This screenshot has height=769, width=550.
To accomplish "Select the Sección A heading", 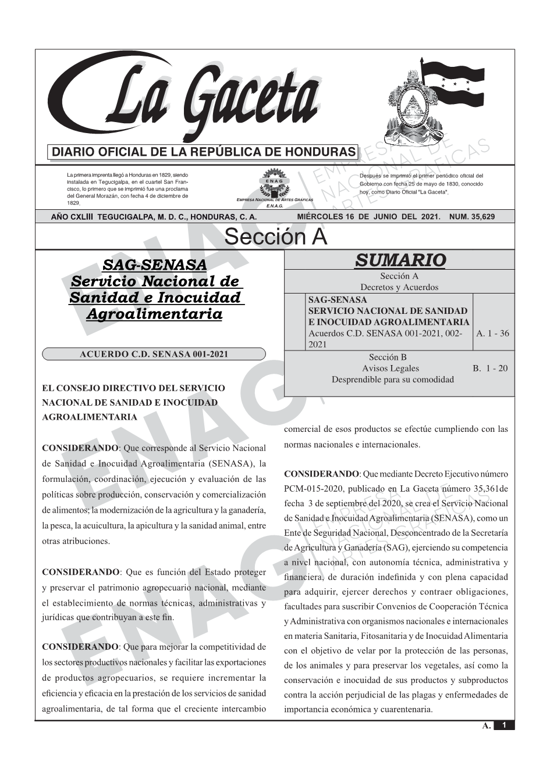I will [x=275, y=237].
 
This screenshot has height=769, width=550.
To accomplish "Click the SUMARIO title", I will [x=400, y=260].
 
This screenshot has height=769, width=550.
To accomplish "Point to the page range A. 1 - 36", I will [x=492, y=333].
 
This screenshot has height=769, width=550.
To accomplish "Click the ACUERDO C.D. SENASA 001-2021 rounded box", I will [x=154, y=354].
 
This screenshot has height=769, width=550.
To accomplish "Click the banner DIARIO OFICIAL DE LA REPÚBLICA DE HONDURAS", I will [x=204, y=152].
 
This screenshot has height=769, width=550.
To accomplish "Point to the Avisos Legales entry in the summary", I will [x=390, y=368].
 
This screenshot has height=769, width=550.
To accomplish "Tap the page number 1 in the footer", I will [x=504, y=725].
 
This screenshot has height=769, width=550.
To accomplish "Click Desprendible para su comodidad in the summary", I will [x=392, y=380].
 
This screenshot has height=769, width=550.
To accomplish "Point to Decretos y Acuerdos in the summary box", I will [x=399, y=287].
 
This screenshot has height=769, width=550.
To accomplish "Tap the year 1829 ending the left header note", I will [x=73, y=203].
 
